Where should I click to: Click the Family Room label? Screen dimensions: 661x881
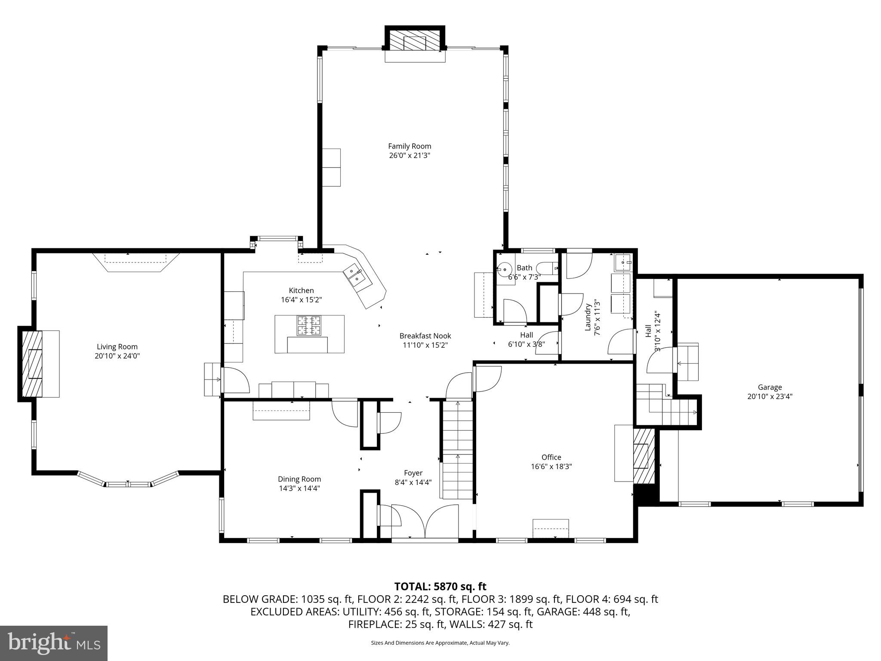(x=409, y=146)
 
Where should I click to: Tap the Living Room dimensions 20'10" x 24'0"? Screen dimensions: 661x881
(x=117, y=356)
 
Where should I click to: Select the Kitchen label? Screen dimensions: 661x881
(x=301, y=290)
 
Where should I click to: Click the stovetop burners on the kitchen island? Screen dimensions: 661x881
(x=309, y=325)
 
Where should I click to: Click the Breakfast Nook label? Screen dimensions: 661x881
(x=425, y=336)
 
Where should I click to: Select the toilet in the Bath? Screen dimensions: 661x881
(x=546, y=268)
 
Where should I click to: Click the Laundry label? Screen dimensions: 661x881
(x=588, y=317)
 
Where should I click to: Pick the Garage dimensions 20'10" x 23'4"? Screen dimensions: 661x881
(x=770, y=396)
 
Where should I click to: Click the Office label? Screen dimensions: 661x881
(x=551, y=457)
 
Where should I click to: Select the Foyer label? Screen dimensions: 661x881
(x=413, y=473)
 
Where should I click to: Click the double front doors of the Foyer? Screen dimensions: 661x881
(x=425, y=523)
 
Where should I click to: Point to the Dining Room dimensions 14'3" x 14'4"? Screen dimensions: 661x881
(x=299, y=488)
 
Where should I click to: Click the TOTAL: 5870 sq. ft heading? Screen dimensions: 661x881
(x=440, y=586)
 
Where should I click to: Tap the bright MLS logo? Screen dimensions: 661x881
(x=53, y=643)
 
